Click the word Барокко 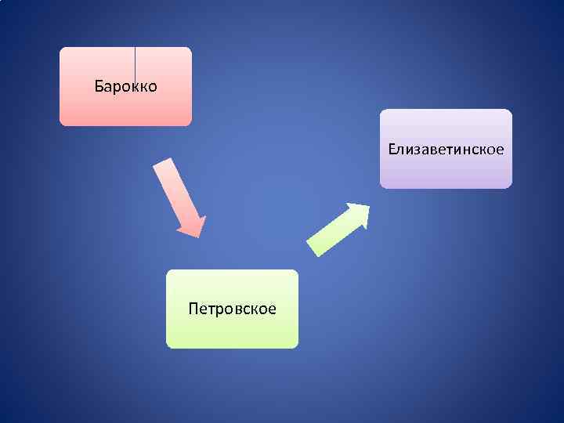click(125, 85)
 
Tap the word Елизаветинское click(446, 148)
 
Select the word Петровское click(232, 309)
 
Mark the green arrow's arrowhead click(359, 213)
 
